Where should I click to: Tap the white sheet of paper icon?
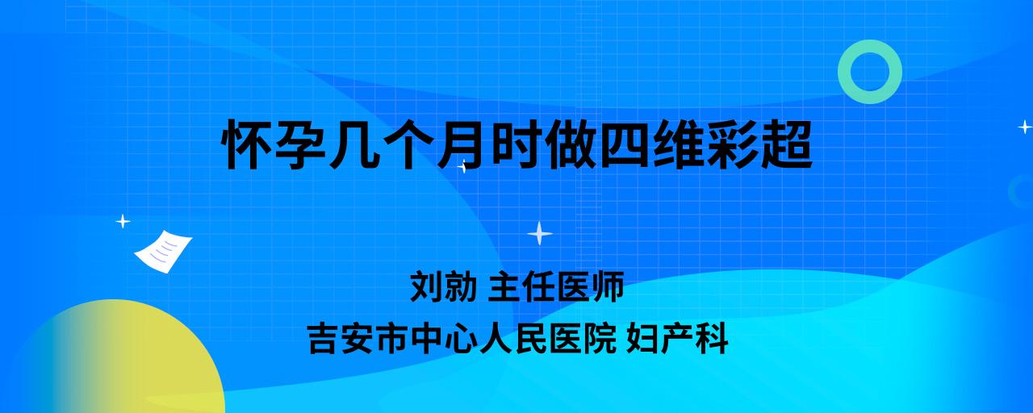163,252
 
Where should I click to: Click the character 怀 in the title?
247,144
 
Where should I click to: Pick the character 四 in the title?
622,144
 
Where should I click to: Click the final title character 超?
785,144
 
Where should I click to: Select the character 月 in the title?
461,144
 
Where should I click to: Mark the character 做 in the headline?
569,144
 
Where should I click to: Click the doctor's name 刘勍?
443,286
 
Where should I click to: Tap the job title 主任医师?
556,286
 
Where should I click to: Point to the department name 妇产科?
677,338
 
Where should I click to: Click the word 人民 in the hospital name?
513,338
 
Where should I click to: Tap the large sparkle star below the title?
540,234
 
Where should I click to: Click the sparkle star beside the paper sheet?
123,221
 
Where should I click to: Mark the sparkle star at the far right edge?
1025,127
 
